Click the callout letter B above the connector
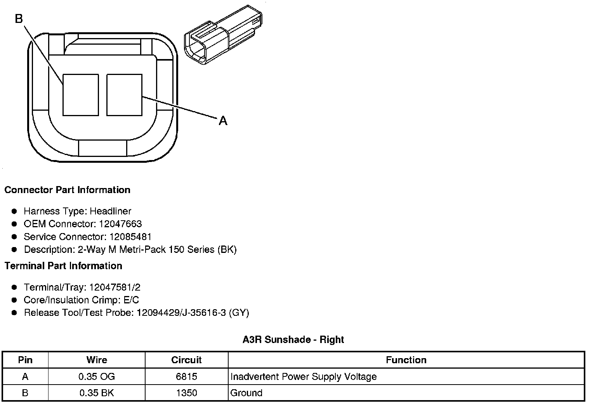19,19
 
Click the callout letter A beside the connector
223,121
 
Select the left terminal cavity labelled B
81,95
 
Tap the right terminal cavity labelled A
124,95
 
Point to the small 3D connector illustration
223,35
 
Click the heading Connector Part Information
68,190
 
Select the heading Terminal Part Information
64,266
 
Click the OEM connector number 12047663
120,224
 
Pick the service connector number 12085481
130,237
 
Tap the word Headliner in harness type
110,211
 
